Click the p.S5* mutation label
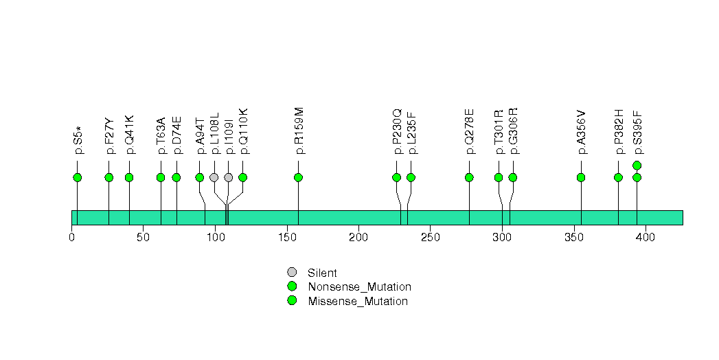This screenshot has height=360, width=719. [78, 140]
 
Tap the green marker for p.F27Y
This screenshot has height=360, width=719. [109, 177]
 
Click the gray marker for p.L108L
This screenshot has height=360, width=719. [214, 177]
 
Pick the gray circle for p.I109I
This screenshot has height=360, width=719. [229, 177]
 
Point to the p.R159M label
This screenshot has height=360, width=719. [299, 131]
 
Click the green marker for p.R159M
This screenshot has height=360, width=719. [298, 177]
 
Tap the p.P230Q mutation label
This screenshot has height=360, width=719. [397, 131]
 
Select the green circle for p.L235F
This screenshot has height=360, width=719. [411, 177]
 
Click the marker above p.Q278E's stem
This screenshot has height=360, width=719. [469, 177]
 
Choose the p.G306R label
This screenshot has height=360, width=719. [514, 131]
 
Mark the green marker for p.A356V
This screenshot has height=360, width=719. [581, 177]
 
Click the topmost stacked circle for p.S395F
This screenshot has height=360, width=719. [637, 166]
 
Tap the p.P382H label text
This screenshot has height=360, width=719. [619, 132]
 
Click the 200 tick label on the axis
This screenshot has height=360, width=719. [358, 237]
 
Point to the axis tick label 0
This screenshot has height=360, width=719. [72, 237]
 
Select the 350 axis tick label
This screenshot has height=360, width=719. [574, 237]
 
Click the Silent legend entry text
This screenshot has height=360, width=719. [322, 273]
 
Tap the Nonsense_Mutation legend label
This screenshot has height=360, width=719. [360, 287]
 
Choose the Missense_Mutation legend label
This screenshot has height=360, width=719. [358, 302]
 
